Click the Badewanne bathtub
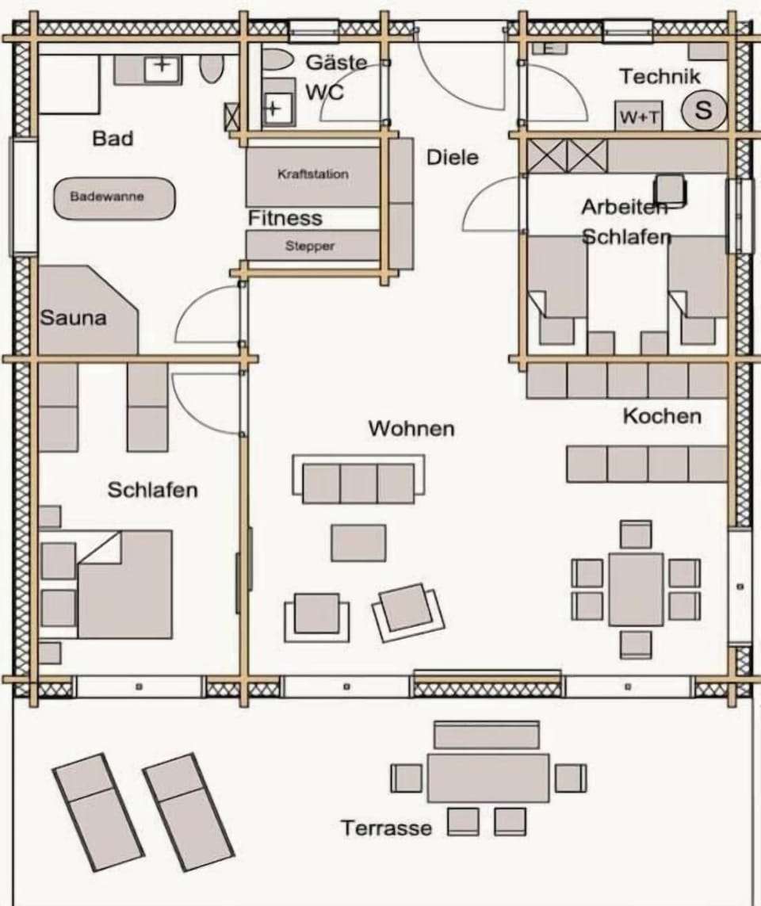coord(114,198)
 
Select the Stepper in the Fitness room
coord(312,246)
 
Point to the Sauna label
coord(74,318)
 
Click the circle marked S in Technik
coord(703,110)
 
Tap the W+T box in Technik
coord(638,116)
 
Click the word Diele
coord(453,158)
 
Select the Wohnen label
coord(411,428)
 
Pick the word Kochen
coord(662,416)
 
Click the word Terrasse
coord(386,828)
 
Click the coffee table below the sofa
coord(358,543)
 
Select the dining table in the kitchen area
coord(636,590)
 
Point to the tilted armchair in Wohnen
coord(408,612)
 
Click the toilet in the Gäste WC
coord(277,60)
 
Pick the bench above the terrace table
coord(487,735)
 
